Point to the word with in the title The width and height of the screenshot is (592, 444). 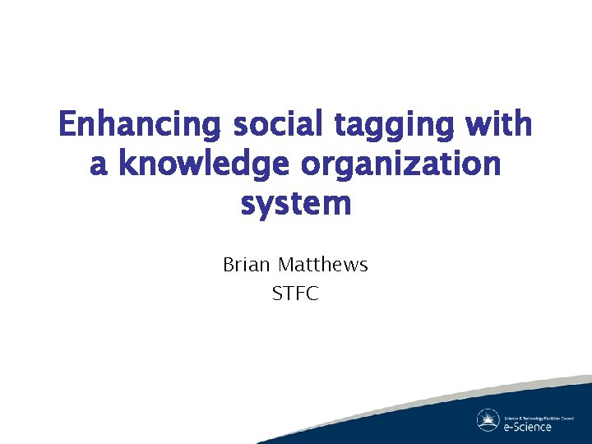tap(501, 125)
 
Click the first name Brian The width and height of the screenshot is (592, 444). tap(247, 265)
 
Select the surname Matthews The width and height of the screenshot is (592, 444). tap(323, 265)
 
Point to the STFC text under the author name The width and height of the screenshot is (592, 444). tap(295, 293)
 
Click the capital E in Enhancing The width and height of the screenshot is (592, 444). tap(68, 125)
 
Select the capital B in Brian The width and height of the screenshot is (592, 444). tap(229, 265)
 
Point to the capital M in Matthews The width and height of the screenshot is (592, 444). tap(286, 265)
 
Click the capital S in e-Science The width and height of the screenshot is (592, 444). tap(517, 426)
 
